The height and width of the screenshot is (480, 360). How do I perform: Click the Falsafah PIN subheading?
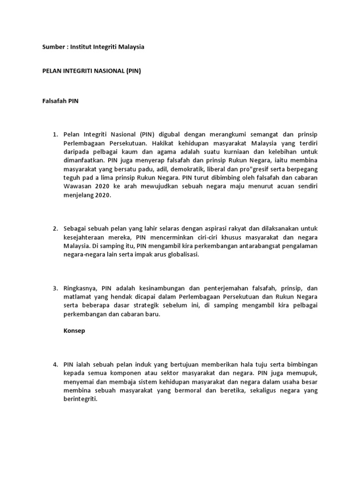(x=57, y=101)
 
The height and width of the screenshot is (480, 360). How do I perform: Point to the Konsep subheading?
(x=74, y=331)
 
